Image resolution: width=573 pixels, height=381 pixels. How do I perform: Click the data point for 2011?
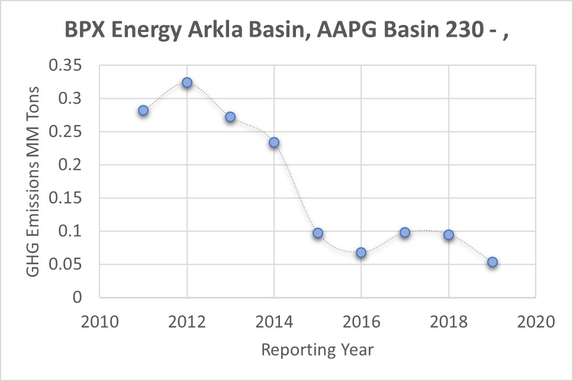[143, 111]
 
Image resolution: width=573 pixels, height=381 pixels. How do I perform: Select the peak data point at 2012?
[187, 83]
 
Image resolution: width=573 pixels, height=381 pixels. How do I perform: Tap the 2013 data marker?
[230, 117]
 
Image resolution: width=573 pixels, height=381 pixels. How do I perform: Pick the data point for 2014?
[274, 142]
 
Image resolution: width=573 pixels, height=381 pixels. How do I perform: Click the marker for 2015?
[318, 233]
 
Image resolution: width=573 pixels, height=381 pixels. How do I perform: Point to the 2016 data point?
[361, 253]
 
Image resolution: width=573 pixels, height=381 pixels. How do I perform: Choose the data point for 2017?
[405, 232]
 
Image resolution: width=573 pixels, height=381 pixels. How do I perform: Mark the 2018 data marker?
[449, 235]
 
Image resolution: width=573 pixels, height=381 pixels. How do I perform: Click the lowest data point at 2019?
[492, 262]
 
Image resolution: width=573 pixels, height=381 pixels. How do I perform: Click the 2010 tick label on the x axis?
[99, 323]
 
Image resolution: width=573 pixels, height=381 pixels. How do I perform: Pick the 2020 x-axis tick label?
[536, 323]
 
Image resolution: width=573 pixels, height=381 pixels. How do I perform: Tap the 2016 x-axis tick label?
[361, 323]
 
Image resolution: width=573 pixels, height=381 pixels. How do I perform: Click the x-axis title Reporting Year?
[317, 350]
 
